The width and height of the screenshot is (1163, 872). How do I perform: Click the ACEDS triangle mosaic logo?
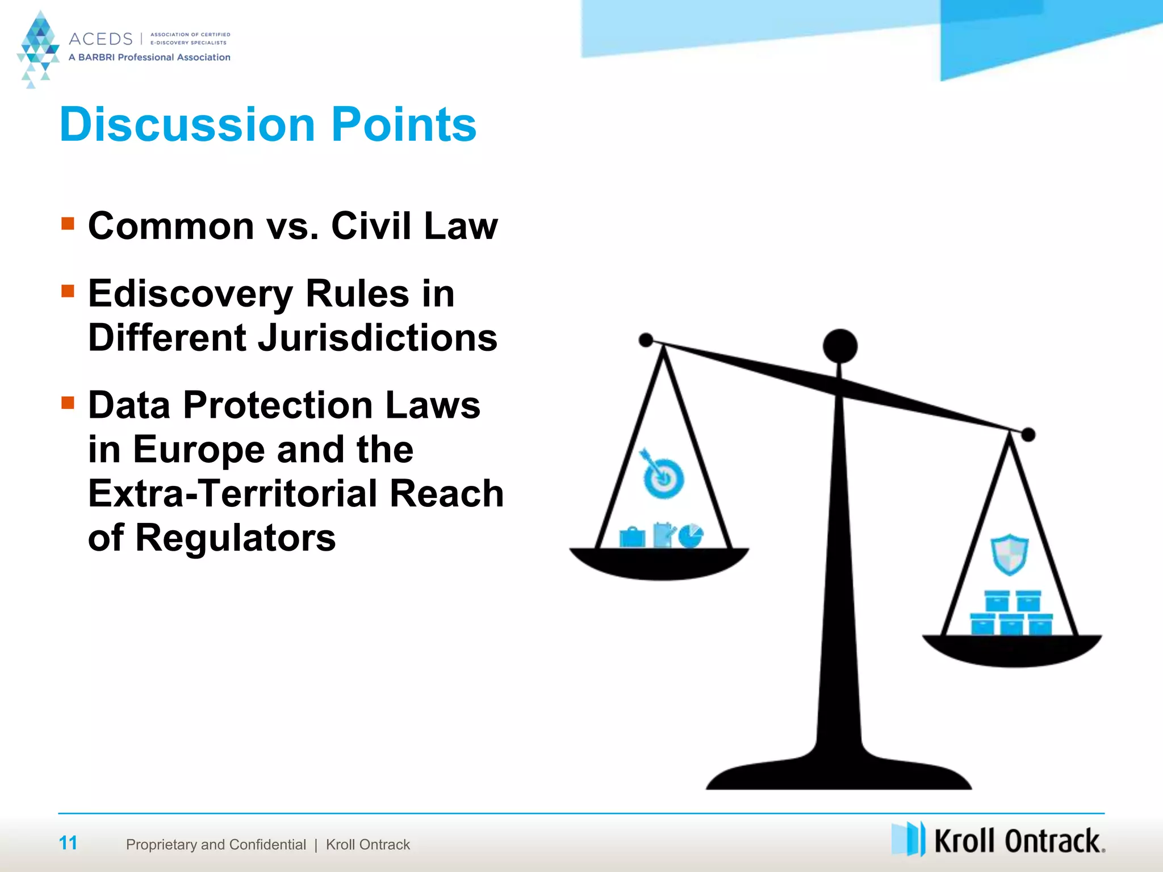coord(39,48)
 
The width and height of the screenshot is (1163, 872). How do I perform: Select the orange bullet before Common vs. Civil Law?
coord(68,223)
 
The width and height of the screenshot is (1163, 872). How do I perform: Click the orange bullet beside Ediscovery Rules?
coord(68,291)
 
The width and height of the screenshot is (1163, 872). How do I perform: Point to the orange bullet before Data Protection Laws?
coord(68,403)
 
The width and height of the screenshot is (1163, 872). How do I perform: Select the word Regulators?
coord(236,537)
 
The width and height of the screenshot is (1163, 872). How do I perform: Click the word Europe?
coord(199,449)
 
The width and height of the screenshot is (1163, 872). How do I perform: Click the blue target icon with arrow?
coord(662,476)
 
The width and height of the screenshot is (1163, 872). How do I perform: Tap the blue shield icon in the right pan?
coord(1010,554)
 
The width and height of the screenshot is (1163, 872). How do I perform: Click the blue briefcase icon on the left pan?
coord(632,537)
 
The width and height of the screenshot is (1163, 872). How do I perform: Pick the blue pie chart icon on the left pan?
coord(691,536)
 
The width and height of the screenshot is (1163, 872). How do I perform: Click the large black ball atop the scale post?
coord(840,346)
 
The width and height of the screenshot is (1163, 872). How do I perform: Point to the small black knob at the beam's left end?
coord(646,340)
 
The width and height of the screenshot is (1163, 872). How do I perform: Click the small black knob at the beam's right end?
coord(1028,435)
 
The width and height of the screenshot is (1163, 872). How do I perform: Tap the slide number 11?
coord(68,843)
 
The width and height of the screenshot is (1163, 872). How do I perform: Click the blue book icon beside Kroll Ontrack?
coord(908,839)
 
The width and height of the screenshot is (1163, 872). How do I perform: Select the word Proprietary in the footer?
coord(161,845)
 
